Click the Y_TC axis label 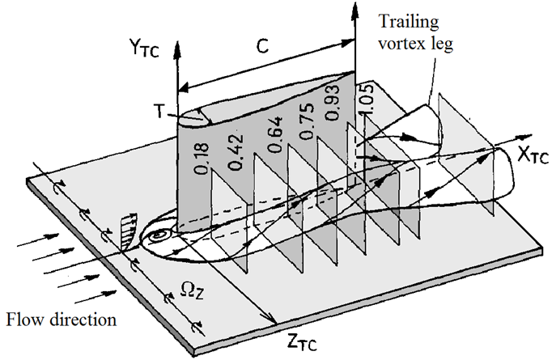click(143, 49)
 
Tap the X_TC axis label click(533, 154)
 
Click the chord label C click(262, 46)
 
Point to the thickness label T click(159, 112)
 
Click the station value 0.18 click(202, 159)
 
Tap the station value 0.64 click(274, 134)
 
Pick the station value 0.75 click(306, 121)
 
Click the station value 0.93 click(331, 103)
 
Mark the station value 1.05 click(367, 100)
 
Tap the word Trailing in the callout click(409, 22)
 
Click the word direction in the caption click(83, 320)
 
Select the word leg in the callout click(444, 44)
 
